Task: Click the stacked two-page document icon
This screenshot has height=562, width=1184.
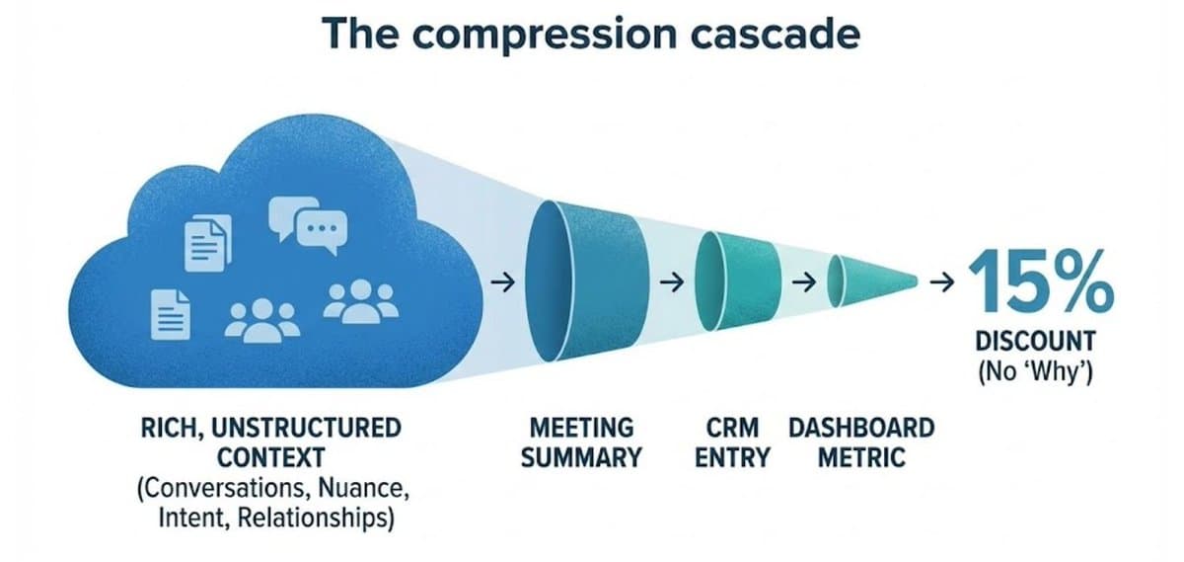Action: [208, 242]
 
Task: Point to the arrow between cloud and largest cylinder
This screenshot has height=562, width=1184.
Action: [501, 283]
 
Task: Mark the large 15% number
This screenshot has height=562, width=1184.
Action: [1040, 281]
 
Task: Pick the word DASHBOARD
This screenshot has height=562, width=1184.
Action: [860, 429]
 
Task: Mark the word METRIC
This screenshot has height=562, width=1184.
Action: [860, 458]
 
